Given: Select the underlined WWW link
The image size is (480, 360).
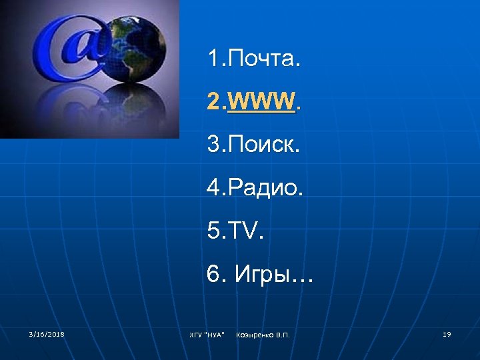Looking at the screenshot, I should [261, 101].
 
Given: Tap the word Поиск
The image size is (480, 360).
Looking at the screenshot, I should [264, 145].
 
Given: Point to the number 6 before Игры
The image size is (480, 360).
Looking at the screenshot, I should [213, 275].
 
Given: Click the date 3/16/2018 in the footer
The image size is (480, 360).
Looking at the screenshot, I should [47, 333].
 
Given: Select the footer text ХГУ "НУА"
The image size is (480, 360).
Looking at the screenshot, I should [207, 334].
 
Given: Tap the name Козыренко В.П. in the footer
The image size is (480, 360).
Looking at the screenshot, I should [263, 334].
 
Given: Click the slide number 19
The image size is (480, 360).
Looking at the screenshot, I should [447, 333].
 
